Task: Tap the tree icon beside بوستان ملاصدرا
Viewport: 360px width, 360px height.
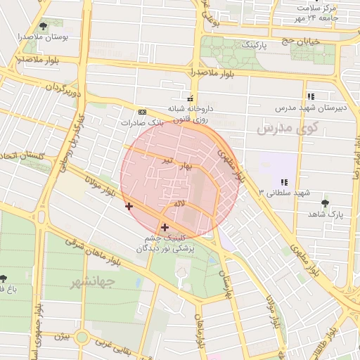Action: click(x=44, y=27)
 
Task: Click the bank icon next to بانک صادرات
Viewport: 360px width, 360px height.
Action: click(x=142, y=112)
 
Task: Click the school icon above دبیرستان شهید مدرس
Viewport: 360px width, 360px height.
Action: click(x=310, y=96)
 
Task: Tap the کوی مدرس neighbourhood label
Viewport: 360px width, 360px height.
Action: click(x=287, y=129)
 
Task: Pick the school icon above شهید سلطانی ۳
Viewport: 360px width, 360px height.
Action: click(x=284, y=182)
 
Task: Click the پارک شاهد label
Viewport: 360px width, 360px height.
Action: click(x=324, y=214)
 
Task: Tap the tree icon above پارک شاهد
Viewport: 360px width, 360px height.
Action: click(x=324, y=203)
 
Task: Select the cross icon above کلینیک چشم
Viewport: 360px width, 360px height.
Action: click(x=165, y=227)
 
